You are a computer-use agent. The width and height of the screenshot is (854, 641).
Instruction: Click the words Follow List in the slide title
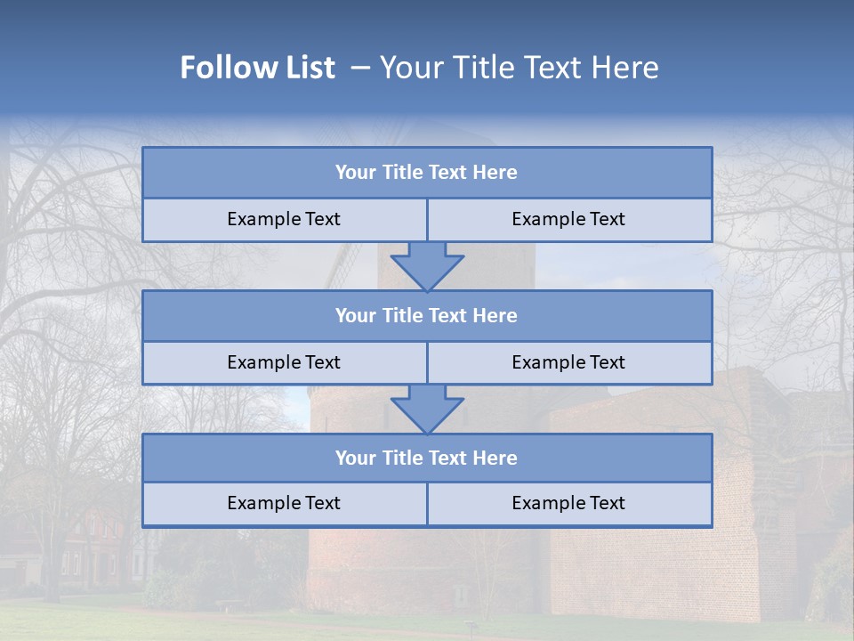point(257,68)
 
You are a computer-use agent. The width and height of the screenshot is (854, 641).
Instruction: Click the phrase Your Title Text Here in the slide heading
point(519,68)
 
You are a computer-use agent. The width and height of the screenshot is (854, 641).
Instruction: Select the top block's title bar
point(427,173)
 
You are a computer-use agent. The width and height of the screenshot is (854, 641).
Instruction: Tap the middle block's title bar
point(427,315)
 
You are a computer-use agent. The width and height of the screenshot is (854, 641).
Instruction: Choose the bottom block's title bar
point(427,458)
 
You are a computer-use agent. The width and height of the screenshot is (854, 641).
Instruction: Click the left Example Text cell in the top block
point(284,219)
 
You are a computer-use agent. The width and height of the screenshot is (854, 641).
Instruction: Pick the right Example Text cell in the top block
point(568,219)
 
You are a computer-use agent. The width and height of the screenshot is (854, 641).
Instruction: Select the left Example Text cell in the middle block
point(284,362)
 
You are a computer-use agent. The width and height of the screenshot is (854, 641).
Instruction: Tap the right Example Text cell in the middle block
point(568,362)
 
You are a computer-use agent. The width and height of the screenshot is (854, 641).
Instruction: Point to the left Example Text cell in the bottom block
point(284,503)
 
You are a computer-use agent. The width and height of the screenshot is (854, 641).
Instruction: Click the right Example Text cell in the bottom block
point(568,503)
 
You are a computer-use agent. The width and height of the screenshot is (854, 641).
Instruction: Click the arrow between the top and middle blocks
point(427,266)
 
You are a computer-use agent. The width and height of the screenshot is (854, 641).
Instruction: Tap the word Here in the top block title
point(495,173)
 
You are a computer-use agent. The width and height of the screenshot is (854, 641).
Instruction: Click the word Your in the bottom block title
point(355,458)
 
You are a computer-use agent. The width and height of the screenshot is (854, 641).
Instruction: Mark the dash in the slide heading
point(360,68)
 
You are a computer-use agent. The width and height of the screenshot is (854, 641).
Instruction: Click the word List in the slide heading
point(311,68)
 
